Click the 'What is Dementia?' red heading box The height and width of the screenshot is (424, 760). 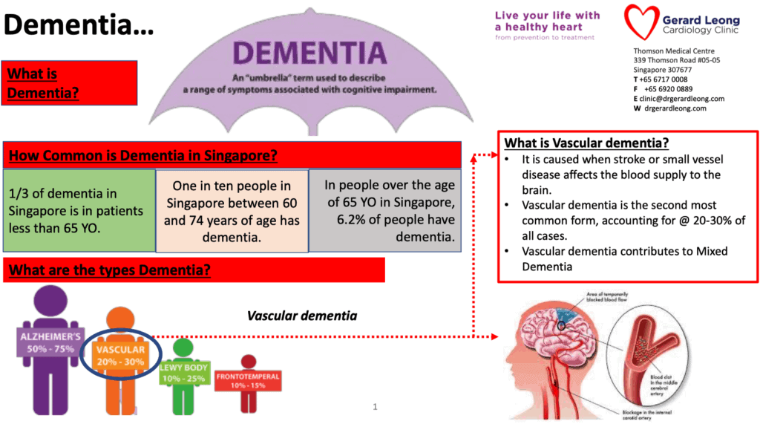71,82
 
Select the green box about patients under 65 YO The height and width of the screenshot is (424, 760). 78,211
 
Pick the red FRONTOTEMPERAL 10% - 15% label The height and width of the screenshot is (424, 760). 249,381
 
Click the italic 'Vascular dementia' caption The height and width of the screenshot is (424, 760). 302,316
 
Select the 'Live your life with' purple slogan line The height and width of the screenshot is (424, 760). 548,16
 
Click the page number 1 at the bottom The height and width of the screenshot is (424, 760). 376,407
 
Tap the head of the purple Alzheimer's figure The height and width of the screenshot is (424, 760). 50,301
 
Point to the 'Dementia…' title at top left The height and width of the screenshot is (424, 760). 78,25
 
